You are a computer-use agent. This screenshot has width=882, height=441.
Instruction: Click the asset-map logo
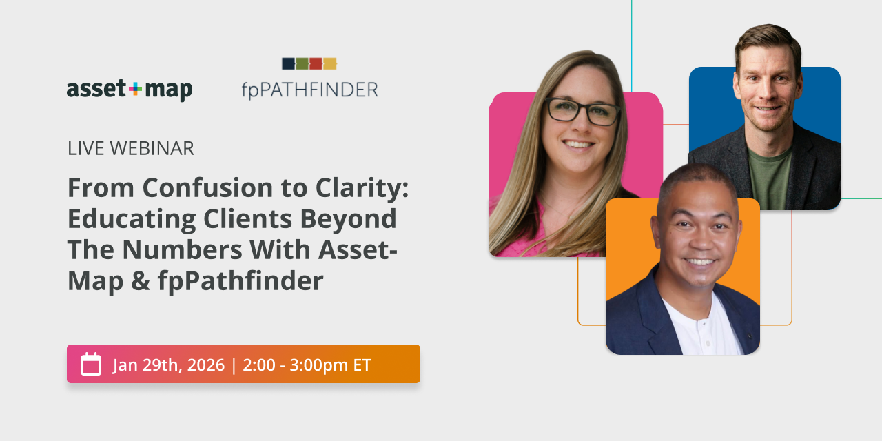130,90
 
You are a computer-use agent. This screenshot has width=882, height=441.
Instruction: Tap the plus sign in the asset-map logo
135,88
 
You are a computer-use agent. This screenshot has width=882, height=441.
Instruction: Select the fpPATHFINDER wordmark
309,90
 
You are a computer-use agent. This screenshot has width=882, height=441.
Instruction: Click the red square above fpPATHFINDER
316,63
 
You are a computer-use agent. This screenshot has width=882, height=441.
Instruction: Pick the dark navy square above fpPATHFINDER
288,63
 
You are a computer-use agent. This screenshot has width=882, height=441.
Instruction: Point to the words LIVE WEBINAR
130,148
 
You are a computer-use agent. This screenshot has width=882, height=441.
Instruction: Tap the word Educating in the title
131,219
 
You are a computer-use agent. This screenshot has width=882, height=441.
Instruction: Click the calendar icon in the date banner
91,364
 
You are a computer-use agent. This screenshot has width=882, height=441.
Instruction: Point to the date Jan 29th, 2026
169,365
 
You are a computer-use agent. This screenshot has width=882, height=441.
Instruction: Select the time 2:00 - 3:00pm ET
307,365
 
